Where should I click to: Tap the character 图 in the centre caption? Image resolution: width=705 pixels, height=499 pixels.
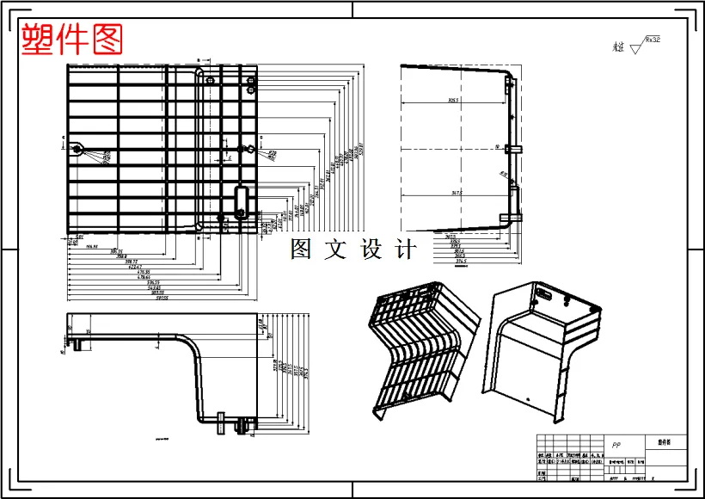(x=301, y=250)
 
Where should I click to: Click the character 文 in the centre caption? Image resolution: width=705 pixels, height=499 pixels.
(x=335, y=250)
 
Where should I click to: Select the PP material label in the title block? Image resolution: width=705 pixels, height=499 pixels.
(x=616, y=446)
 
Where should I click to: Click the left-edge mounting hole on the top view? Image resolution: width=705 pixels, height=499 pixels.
(x=77, y=150)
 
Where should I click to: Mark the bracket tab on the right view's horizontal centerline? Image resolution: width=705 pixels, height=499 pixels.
(x=515, y=149)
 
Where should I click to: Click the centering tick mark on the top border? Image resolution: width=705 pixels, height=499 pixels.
(x=352, y=9)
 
